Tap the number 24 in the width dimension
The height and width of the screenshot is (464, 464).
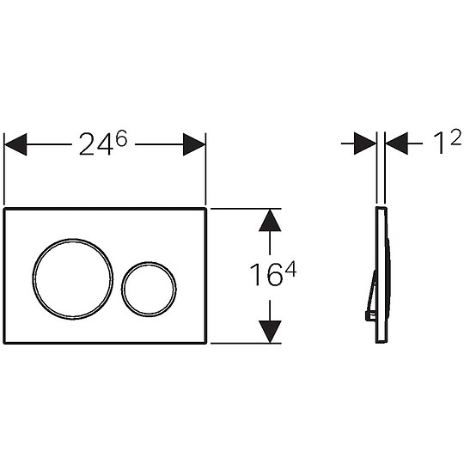[94, 145]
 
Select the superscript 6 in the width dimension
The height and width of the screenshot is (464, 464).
[121, 139]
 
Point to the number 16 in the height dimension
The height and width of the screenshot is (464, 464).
[264, 278]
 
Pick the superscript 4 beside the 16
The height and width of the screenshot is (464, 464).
[290, 269]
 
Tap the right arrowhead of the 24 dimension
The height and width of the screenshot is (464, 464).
[193, 144]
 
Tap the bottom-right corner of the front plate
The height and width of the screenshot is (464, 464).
[205, 342]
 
